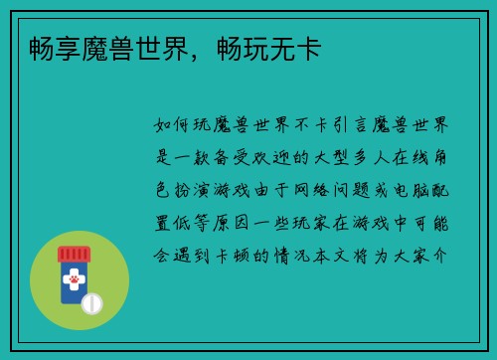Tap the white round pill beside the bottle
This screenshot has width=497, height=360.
pyautogui.click(x=91, y=302)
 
